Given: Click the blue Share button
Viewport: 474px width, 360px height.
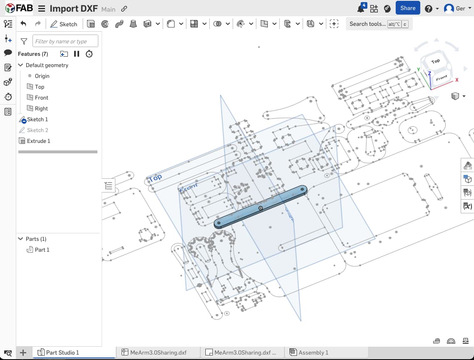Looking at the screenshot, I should coord(407,8).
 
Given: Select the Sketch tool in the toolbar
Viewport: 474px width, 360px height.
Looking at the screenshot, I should coord(64,24).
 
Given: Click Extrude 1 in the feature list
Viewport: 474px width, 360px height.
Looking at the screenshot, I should coord(38,141).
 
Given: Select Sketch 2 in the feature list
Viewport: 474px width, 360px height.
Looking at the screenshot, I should coord(37,130).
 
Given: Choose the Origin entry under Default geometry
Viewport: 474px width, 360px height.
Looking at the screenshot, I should coord(42,76).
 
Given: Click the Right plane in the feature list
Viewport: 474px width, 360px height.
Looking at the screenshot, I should coord(41,108).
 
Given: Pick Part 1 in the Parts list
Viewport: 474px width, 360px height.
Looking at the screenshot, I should coord(42,250).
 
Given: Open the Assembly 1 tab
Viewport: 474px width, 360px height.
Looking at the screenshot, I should coord(313,352).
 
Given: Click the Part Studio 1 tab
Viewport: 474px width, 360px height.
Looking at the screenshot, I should coord(62,352).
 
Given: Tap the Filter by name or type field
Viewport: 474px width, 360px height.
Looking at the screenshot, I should coord(65,41).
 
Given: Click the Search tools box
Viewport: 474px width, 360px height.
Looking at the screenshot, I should coord(368,24).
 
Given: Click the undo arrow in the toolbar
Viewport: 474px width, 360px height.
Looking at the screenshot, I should coord(23,24).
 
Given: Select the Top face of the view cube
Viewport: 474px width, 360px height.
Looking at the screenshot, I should coord(436,61).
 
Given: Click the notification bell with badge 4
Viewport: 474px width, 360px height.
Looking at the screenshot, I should coord(361,9).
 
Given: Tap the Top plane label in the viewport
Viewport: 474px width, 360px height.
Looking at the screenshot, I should coord(155,178).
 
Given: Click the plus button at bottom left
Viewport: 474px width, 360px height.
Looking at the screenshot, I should coord(23,353).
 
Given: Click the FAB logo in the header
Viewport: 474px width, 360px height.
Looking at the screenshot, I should coord(19,8).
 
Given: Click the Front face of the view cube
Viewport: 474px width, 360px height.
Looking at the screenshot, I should coord(441,78).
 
